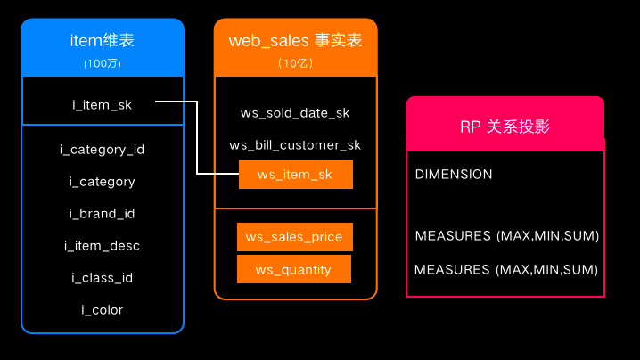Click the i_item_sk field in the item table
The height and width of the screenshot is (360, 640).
(x=102, y=105)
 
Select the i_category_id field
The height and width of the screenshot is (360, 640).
(x=102, y=150)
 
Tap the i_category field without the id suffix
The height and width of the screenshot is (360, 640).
(x=102, y=182)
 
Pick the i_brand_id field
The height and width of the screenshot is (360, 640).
(x=102, y=214)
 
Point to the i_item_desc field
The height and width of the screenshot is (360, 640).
(x=102, y=246)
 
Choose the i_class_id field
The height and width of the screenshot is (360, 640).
(x=102, y=278)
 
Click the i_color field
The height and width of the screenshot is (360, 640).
(x=102, y=310)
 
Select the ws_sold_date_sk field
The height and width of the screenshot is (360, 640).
(x=295, y=113)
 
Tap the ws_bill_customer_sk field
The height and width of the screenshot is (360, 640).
(x=295, y=145)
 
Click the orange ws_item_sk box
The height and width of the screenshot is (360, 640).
(x=295, y=175)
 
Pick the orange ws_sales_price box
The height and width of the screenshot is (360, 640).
(x=295, y=237)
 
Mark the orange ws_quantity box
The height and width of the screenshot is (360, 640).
(x=293, y=269)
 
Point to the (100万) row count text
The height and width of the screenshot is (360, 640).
(x=102, y=63)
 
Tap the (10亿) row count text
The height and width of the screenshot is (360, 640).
(x=295, y=63)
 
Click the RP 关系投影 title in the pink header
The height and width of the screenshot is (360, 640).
(x=505, y=127)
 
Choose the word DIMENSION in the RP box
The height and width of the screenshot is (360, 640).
(x=454, y=175)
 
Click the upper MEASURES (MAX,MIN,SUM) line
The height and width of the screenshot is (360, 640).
(x=506, y=236)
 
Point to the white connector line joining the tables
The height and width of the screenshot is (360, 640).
(x=197, y=143)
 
